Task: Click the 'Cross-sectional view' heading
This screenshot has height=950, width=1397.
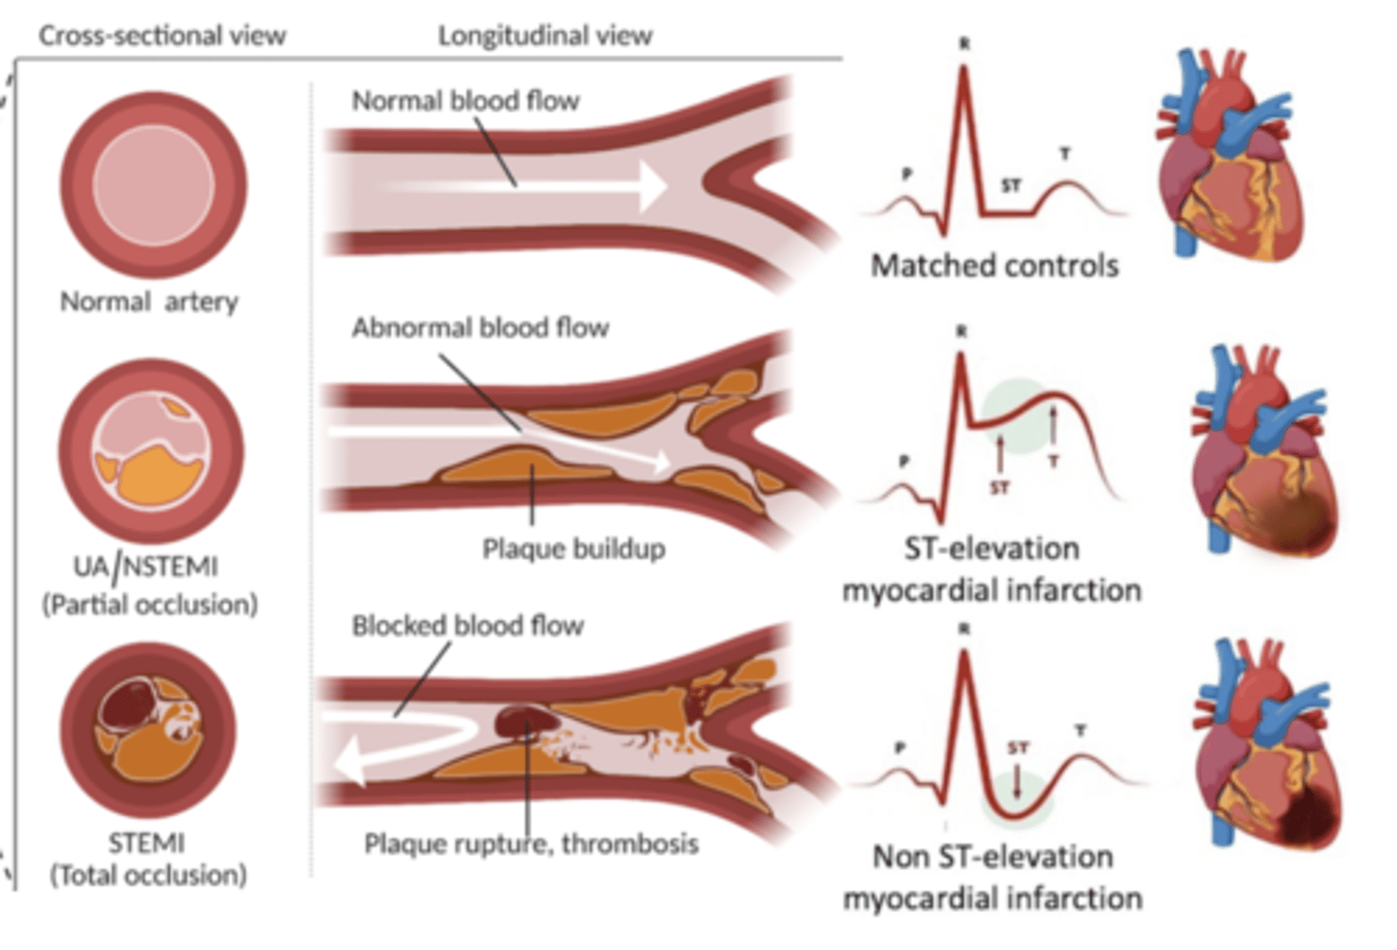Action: click(x=162, y=36)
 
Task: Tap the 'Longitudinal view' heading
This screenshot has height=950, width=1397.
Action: click(x=544, y=36)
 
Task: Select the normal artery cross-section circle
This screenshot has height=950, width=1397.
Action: click(x=153, y=184)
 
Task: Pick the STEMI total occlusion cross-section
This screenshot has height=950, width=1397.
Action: click(x=148, y=729)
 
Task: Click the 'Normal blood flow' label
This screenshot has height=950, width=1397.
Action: click(x=465, y=101)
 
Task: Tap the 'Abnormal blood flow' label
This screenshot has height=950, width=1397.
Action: click(x=479, y=328)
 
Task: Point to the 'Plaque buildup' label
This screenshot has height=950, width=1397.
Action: click(x=573, y=549)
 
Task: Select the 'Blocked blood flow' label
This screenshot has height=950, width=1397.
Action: click(x=467, y=626)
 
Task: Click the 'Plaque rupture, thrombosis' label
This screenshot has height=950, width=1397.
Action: click(x=531, y=843)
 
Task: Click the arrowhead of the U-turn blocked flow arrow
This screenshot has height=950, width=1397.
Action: click(x=347, y=764)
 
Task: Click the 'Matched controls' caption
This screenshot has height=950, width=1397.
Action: click(x=994, y=266)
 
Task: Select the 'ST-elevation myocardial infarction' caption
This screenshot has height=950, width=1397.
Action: click(x=991, y=570)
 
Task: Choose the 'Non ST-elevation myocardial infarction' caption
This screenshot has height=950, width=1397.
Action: click(x=991, y=877)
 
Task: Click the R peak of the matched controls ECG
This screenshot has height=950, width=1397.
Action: click(x=963, y=70)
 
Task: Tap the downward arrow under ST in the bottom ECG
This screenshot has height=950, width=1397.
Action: click(x=1017, y=780)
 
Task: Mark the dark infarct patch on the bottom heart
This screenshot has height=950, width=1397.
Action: click(x=1309, y=815)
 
